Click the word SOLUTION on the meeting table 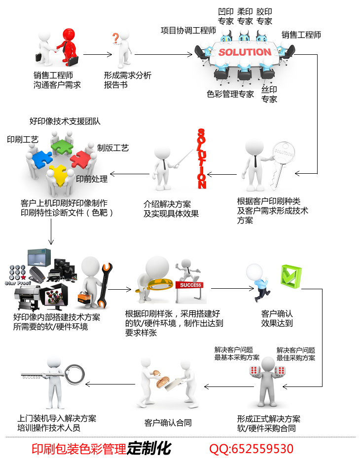point(245,52)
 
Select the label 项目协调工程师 point(188,31)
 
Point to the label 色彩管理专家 point(230,94)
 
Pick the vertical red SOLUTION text point(201,159)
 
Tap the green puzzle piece point(62,145)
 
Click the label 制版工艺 point(113,148)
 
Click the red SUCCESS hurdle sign point(190,285)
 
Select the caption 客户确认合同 point(168,423)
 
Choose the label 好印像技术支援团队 point(65,121)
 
